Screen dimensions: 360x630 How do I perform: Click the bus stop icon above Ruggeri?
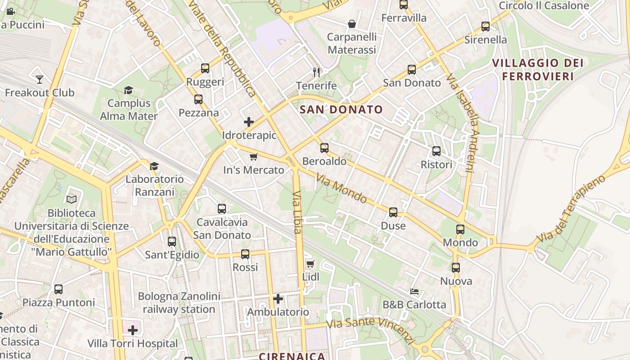point(205,68)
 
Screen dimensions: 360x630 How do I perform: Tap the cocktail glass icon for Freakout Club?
point(40,80)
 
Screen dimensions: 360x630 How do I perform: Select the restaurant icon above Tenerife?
point(316,72)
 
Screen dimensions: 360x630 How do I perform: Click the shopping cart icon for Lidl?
point(310,264)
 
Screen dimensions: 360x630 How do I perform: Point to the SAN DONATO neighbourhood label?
point(341,109)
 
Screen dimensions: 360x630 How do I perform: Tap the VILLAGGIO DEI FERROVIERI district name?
point(538,70)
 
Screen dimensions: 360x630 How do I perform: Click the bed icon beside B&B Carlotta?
point(414,292)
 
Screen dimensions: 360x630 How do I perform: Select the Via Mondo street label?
point(341,188)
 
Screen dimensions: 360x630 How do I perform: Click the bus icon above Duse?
point(393,212)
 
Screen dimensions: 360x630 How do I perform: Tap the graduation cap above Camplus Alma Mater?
point(129,90)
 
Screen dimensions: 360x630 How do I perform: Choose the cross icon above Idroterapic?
point(249,122)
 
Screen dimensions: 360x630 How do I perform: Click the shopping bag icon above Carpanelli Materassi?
point(352,24)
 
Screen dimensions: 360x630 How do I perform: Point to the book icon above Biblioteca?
point(72,199)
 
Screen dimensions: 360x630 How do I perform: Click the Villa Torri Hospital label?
point(133,344)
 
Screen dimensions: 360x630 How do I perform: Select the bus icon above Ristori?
point(436,151)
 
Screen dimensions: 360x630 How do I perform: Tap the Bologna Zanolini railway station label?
point(179,303)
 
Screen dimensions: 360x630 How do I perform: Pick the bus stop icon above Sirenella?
point(486,27)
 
